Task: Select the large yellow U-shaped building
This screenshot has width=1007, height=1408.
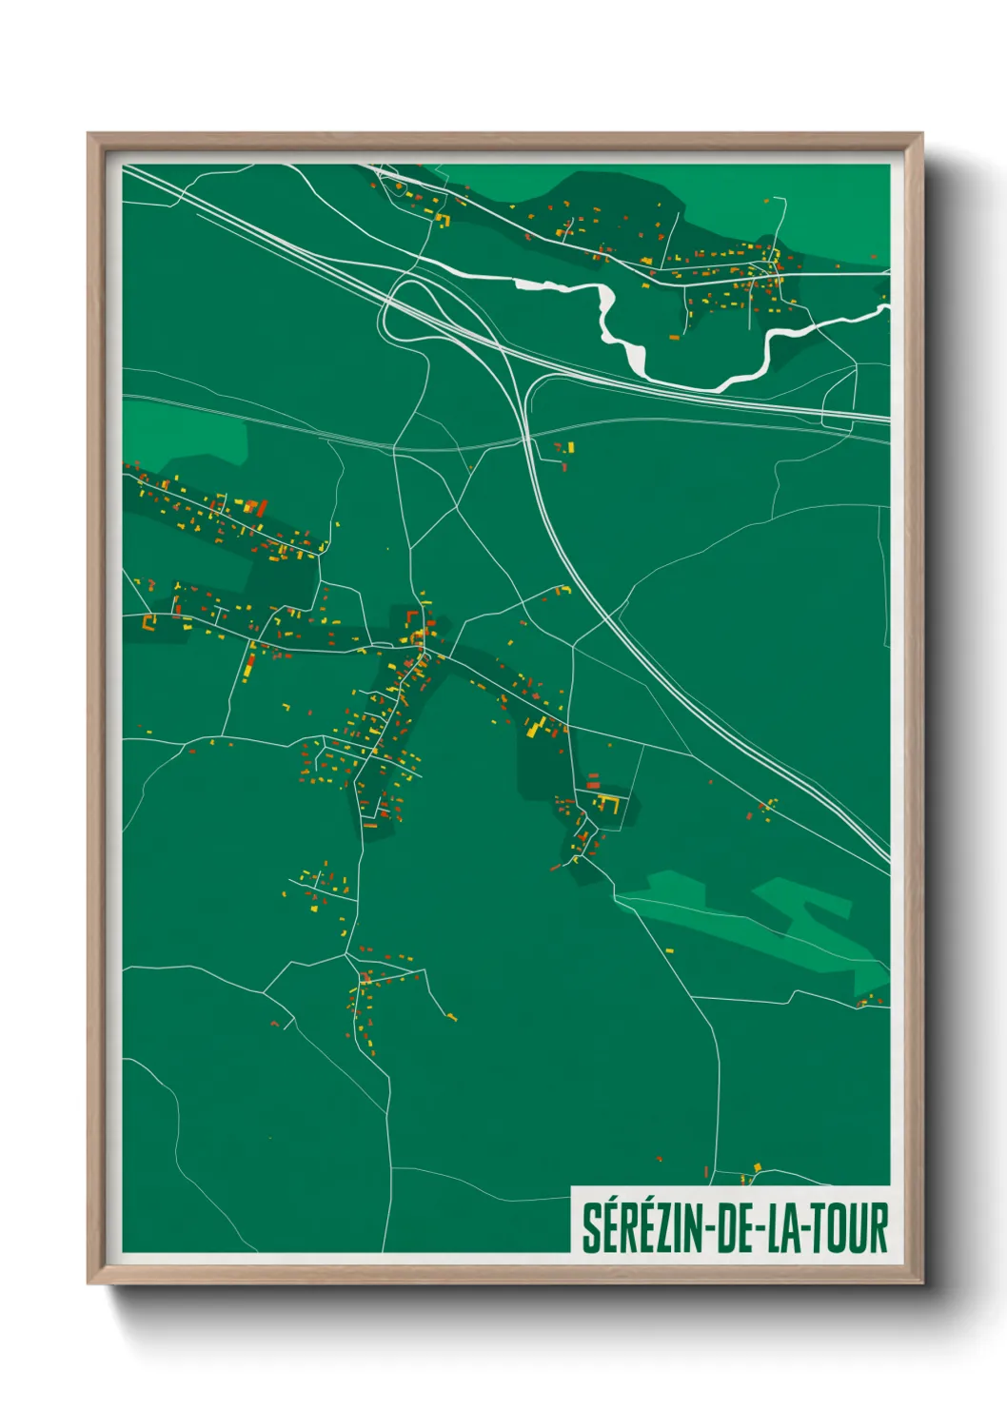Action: coord(609,805)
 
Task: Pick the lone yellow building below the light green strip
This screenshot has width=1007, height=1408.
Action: coord(669,948)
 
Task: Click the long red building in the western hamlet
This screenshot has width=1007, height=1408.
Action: coord(261,508)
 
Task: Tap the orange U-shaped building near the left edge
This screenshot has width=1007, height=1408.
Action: coord(148,621)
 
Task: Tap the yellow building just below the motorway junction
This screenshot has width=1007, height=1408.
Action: coord(570,447)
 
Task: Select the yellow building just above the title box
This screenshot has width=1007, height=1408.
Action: coord(758,1166)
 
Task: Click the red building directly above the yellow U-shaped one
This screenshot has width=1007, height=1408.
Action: coord(593,787)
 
